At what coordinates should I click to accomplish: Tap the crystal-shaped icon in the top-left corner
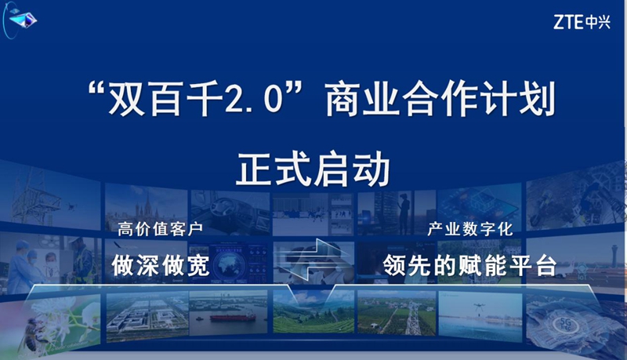pos(23,19)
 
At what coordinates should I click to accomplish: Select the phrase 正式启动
pos(313,169)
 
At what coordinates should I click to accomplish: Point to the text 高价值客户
pos(161,229)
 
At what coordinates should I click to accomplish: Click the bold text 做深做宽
pos(161,265)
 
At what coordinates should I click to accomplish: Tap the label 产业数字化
pos(470,229)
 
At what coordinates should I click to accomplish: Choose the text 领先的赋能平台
pos(469,265)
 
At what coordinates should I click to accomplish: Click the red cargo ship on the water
pos(232,318)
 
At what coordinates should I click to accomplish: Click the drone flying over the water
pos(479,307)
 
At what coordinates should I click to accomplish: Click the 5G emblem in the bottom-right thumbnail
pos(565,324)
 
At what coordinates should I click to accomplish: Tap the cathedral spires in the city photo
pos(145,207)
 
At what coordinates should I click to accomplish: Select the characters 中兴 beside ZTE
pos(598,22)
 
